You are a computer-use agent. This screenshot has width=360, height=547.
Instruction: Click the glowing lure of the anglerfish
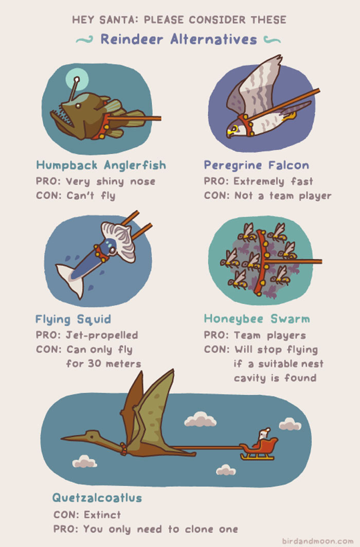tap(76, 80)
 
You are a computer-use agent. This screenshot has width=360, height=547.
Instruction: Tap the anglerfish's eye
tap(78, 105)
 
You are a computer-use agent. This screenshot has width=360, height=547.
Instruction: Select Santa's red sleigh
tap(259, 447)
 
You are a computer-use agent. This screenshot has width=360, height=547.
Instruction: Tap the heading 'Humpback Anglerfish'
tap(101, 165)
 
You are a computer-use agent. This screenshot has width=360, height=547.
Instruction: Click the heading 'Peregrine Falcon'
tap(256, 165)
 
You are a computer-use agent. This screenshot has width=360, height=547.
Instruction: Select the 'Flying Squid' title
tap(73, 319)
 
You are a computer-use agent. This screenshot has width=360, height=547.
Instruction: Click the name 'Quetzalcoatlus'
tap(97, 498)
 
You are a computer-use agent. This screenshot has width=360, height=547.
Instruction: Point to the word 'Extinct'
tap(102, 515)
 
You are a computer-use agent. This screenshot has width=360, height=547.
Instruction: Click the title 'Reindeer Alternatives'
tap(178, 39)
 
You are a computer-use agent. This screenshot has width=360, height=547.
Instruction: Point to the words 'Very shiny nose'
tap(111, 181)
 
